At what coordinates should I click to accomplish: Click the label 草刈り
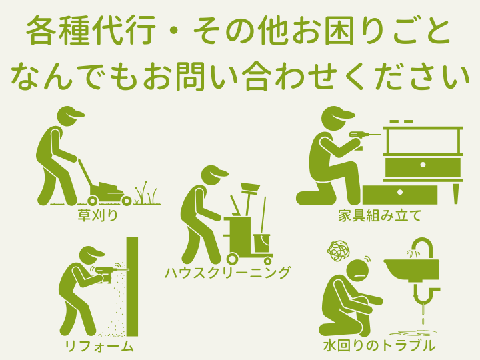[x=97, y=215]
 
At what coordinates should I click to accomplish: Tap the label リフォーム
[x=99, y=346]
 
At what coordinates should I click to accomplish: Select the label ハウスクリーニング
[x=227, y=272]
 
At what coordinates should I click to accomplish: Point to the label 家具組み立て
[x=380, y=215]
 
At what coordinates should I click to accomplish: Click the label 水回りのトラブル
[x=379, y=345]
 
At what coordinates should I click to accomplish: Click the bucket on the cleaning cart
[x=262, y=243]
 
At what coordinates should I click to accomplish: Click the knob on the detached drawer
[x=400, y=193]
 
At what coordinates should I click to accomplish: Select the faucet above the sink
[x=423, y=247]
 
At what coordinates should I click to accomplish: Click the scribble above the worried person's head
[x=339, y=251]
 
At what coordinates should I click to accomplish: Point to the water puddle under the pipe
[x=413, y=333]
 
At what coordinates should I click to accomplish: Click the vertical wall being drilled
[x=132, y=287]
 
